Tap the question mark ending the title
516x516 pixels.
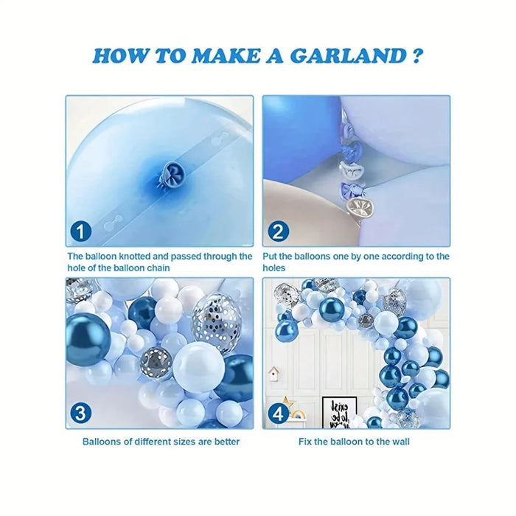click(x=416, y=57)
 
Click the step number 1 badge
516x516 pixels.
click(x=80, y=233)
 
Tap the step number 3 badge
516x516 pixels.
click(x=80, y=413)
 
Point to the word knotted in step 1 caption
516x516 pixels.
click(x=129, y=257)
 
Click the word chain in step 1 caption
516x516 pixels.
click(x=157, y=268)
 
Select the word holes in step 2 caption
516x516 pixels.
click(x=274, y=268)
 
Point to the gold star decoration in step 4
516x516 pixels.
click(x=293, y=402)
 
